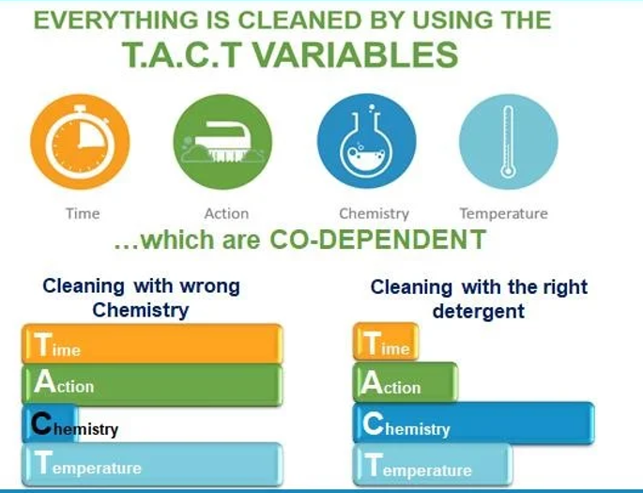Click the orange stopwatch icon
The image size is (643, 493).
tap(80, 142)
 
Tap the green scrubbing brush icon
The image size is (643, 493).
tap(222, 142)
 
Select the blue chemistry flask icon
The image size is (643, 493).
tap(367, 141)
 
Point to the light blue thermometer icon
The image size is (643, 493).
tap(509, 142)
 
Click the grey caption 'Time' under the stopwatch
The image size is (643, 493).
tap(83, 213)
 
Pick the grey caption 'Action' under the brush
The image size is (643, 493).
tap(226, 213)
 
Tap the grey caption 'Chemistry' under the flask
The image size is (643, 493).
tap(374, 214)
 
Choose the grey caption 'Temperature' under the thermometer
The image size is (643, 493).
tap(503, 214)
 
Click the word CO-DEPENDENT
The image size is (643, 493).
tap(377, 239)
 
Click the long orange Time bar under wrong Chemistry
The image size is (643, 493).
tap(152, 344)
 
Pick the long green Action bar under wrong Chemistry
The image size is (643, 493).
tap(152, 384)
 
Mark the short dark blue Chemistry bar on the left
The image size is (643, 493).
tap(50, 424)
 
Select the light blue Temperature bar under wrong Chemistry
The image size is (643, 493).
tap(152, 464)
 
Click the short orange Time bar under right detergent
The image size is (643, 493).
tap(386, 342)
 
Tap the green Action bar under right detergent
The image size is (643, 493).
tap(406, 382)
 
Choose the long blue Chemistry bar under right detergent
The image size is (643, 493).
tap(474, 423)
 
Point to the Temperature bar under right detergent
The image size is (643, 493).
tap(433, 465)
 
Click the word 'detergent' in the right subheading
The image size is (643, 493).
tap(478, 311)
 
